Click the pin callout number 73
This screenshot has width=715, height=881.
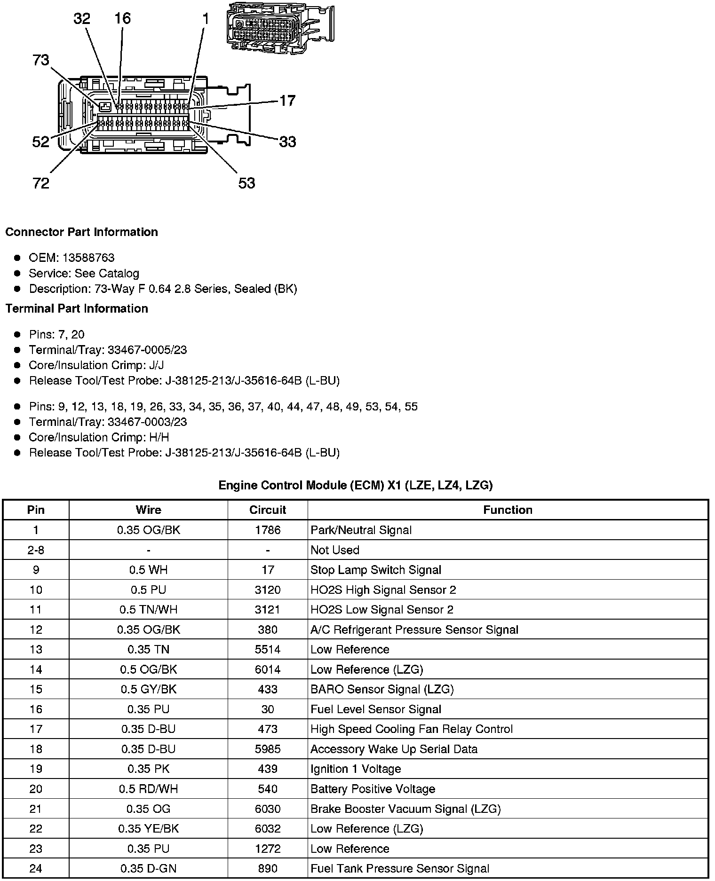[x=41, y=60]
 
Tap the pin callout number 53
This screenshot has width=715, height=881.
[x=246, y=183]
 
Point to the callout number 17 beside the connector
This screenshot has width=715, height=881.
[x=287, y=101]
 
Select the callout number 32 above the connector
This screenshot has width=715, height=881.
[x=82, y=19]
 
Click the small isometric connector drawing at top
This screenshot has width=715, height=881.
[x=279, y=27]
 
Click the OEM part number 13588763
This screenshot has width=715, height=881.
[x=88, y=258]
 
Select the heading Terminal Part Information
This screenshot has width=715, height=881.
[x=77, y=308]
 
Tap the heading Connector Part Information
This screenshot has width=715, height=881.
[x=81, y=232]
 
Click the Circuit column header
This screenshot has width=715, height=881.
[x=268, y=510]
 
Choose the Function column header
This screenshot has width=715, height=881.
[x=508, y=510]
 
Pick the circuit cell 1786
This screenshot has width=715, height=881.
[x=268, y=530]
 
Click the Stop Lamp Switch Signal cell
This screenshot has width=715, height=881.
[x=375, y=570]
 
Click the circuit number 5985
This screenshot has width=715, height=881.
[x=268, y=749]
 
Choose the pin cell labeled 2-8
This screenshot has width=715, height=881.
[x=36, y=550]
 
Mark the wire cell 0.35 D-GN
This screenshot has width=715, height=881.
[x=149, y=868]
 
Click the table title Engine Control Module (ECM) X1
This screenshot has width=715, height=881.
[x=355, y=485]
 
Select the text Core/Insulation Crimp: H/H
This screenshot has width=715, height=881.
[x=99, y=437]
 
